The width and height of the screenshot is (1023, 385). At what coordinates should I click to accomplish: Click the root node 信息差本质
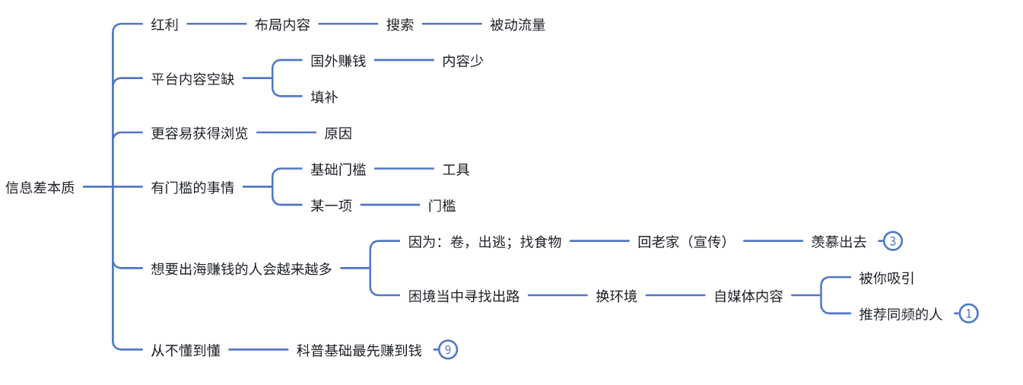point(40,187)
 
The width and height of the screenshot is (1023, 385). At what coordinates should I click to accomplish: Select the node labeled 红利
point(165,24)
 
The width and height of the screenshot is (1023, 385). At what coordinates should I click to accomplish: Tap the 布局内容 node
point(282,24)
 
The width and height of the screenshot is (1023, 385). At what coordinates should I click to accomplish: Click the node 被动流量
point(518,24)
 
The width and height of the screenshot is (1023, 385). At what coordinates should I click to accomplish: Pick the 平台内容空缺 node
point(193,78)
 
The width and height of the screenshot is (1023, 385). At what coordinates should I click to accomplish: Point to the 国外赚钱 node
point(338,61)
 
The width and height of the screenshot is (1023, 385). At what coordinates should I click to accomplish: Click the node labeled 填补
point(324,97)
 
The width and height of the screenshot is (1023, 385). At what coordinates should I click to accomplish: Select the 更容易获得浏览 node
point(199,133)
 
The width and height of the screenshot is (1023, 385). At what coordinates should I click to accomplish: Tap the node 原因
point(338,133)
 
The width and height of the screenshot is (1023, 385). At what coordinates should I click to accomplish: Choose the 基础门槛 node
point(338,170)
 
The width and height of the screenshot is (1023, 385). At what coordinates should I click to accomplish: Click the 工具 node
point(456,170)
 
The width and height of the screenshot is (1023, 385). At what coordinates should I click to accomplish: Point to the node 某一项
point(332,205)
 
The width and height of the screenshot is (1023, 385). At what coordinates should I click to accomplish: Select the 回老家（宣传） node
point(683,242)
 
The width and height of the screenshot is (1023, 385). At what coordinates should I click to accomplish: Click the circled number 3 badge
point(893,242)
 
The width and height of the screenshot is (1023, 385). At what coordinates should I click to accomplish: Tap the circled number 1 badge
point(968,313)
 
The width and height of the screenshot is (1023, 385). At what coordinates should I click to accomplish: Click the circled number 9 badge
point(448,350)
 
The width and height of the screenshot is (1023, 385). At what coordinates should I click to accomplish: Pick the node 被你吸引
point(887,278)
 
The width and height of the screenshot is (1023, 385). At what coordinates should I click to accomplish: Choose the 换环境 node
point(617,296)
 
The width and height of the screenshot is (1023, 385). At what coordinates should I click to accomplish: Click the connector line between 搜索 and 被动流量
point(452,24)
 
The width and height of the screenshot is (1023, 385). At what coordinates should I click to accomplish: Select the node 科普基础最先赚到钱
point(359,350)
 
